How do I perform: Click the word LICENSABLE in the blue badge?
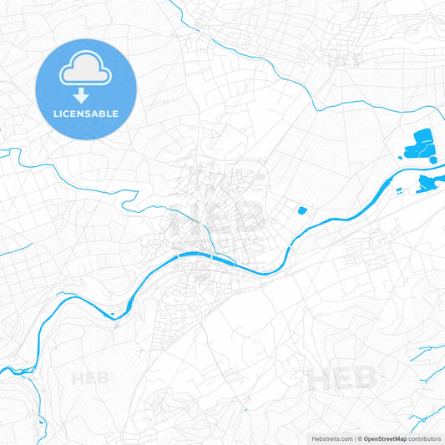pos(85,114)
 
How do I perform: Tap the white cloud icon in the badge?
pos(85,73)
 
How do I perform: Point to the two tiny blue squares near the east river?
pos(402,192)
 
